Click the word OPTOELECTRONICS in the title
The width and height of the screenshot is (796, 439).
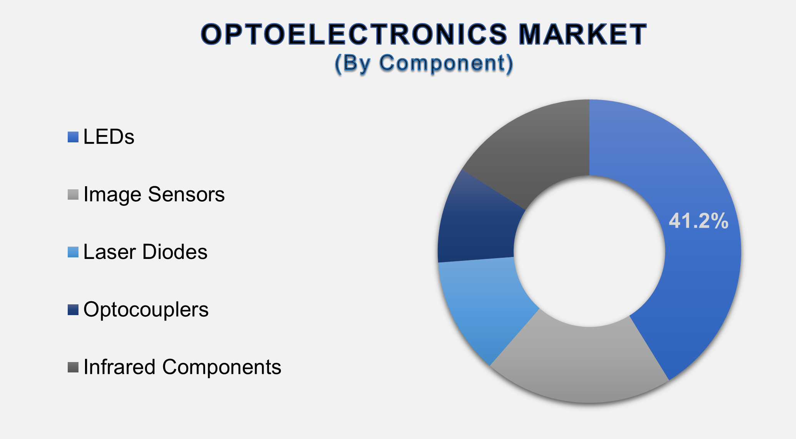coord(354,35)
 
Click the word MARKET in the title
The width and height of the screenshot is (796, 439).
coord(582,35)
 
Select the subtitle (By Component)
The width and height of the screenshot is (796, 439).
coord(424,63)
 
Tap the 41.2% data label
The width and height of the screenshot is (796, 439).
coord(698,221)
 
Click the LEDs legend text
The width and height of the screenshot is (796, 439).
coord(109,137)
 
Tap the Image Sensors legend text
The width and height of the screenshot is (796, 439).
coord(154,194)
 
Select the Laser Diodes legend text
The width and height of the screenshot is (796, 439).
coord(145,252)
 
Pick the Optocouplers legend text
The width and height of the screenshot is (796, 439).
coord(146,310)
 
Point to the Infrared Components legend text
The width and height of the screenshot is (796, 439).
coord(182,367)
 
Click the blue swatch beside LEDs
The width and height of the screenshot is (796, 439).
coord(73,137)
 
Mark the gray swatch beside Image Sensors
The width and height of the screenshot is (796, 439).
coord(73,194)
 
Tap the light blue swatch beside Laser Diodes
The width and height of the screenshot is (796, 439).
coord(73,252)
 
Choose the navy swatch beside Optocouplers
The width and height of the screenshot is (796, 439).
coord(73,310)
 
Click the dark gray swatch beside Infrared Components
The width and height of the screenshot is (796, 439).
coord(73,367)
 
